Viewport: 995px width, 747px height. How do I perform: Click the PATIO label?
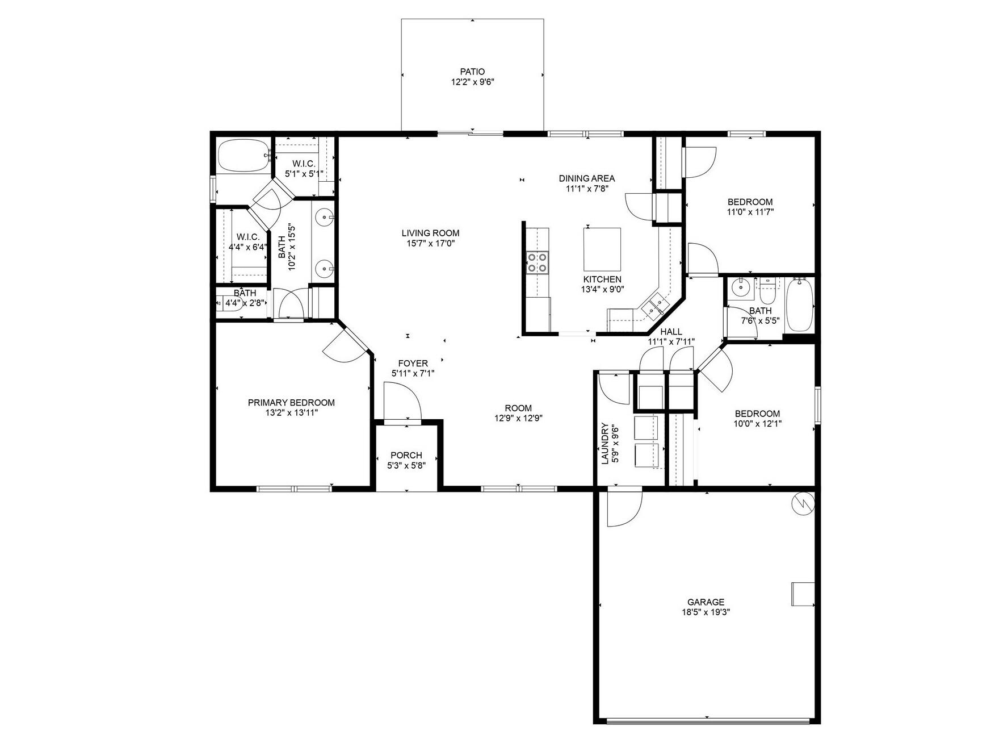click(472, 72)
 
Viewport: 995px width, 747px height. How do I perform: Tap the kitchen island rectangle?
click(602, 249)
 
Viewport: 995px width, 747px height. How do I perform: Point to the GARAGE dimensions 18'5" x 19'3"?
click(706, 612)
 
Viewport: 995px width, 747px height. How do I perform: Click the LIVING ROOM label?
click(430, 233)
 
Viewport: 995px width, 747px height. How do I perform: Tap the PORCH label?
click(406, 455)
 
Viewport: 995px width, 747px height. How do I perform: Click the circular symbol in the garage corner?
click(804, 502)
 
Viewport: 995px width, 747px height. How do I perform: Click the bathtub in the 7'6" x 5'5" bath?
click(799, 304)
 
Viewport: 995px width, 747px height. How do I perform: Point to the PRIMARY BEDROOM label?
click(291, 402)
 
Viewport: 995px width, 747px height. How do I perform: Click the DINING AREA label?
click(586, 178)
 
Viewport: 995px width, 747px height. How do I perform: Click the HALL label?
click(671, 332)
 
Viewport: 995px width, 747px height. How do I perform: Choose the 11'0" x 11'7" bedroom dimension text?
click(750, 212)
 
